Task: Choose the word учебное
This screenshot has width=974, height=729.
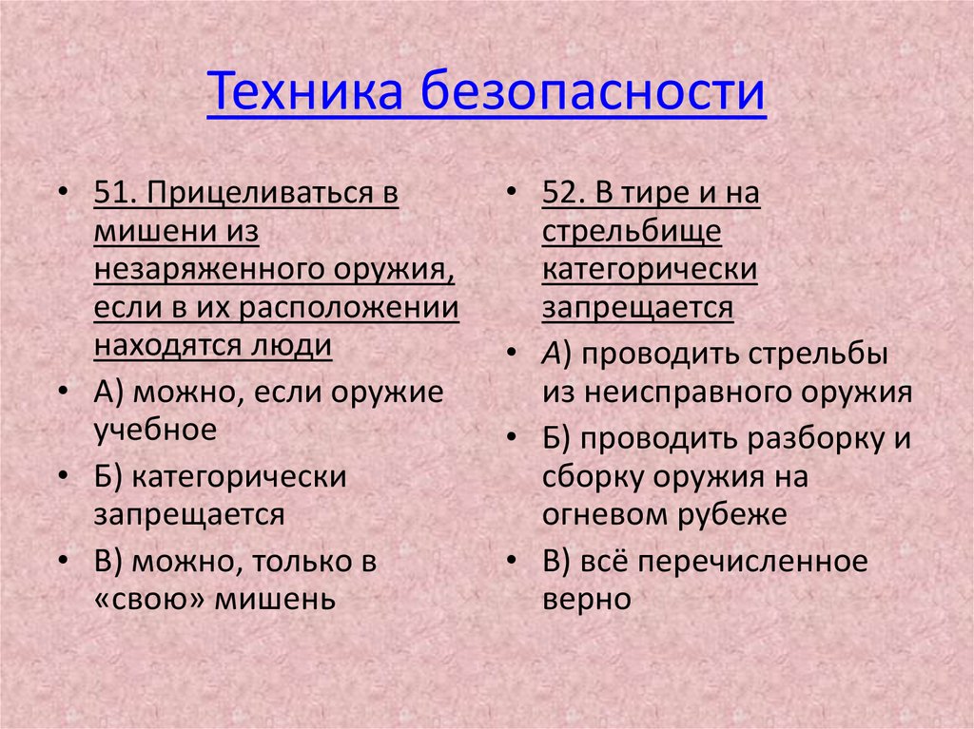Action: [x=155, y=430]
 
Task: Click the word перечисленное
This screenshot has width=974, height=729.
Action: [x=753, y=561]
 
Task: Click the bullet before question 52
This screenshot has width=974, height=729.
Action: [x=512, y=194]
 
